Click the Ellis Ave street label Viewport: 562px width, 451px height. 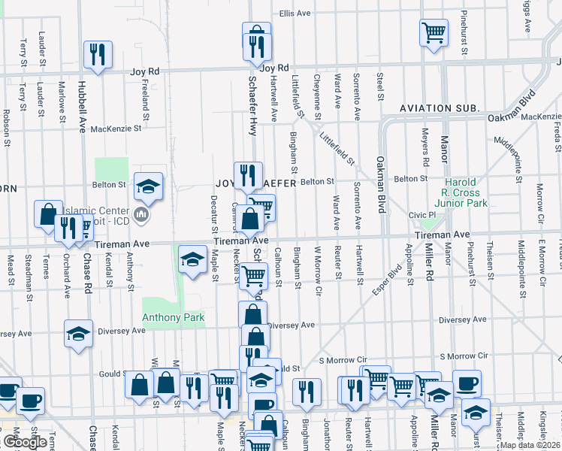tap(295, 14)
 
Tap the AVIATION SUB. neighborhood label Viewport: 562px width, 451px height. tap(440, 109)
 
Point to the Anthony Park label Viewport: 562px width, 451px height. tap(174, 318)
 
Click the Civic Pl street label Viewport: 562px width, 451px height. tap(421, 215)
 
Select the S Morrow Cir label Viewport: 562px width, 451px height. tap(466, 356)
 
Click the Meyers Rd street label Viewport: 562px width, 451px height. tap(425, 147)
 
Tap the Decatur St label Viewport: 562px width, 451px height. tap(214, 214)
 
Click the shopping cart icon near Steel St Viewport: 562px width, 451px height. tap(434, 32)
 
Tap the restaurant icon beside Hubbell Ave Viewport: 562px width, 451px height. tap(98, 53)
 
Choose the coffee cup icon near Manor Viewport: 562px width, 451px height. tap(467, 383)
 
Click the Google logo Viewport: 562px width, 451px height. tap(25, 442)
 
